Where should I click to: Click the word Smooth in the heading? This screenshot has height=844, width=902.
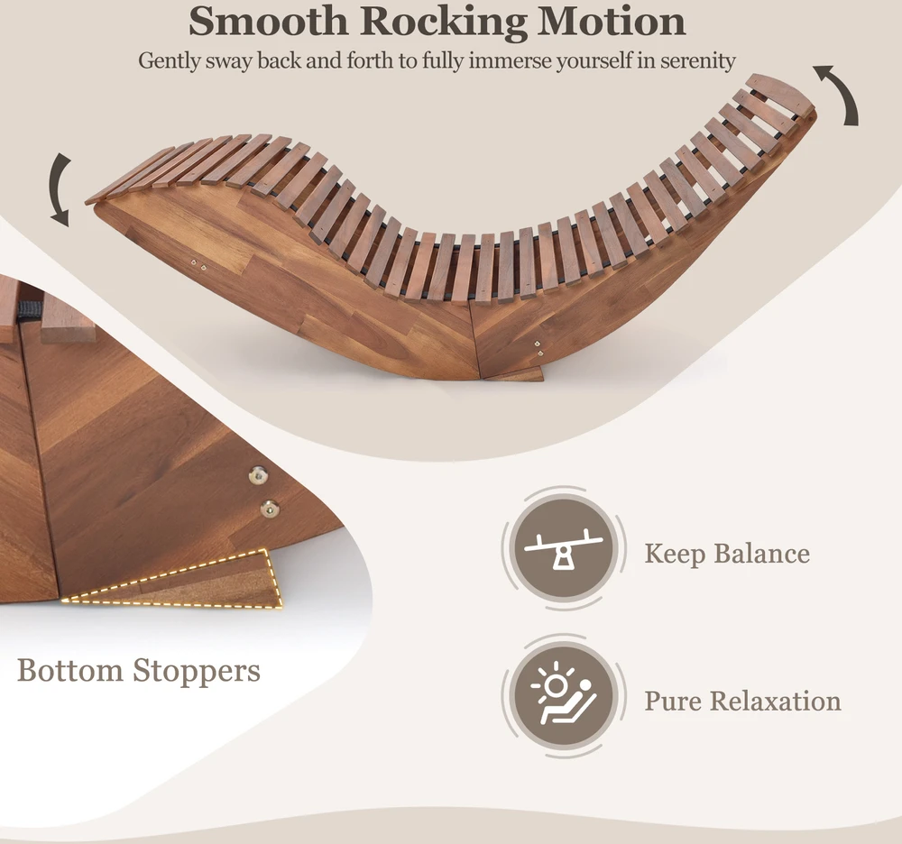coord(268,21)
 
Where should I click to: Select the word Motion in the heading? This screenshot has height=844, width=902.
coord(612,21)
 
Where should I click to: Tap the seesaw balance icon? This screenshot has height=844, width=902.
coord(564,548)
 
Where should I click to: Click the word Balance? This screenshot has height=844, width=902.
coord(761,553)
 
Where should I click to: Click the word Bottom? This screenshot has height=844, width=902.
coord(70,670)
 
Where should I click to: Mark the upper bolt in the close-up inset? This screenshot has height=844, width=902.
coord(258,475)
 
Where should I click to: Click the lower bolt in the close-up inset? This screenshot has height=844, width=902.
coord(269,509)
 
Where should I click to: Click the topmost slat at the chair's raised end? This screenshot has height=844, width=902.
coord(781,92)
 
